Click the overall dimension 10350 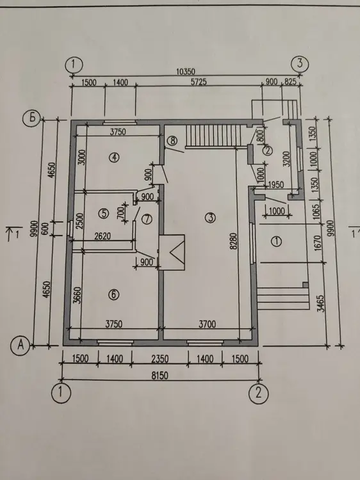186,72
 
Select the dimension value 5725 199,82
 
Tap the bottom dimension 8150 160,375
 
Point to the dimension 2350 160,359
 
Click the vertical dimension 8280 233,241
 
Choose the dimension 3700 207,324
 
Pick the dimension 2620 102,236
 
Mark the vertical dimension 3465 321,303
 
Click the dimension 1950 275,185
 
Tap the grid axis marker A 20,345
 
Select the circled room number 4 114,157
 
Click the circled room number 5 104,213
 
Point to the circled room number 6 113,294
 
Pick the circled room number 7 147,219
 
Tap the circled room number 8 172,141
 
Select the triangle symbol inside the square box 177,252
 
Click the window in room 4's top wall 120,122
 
